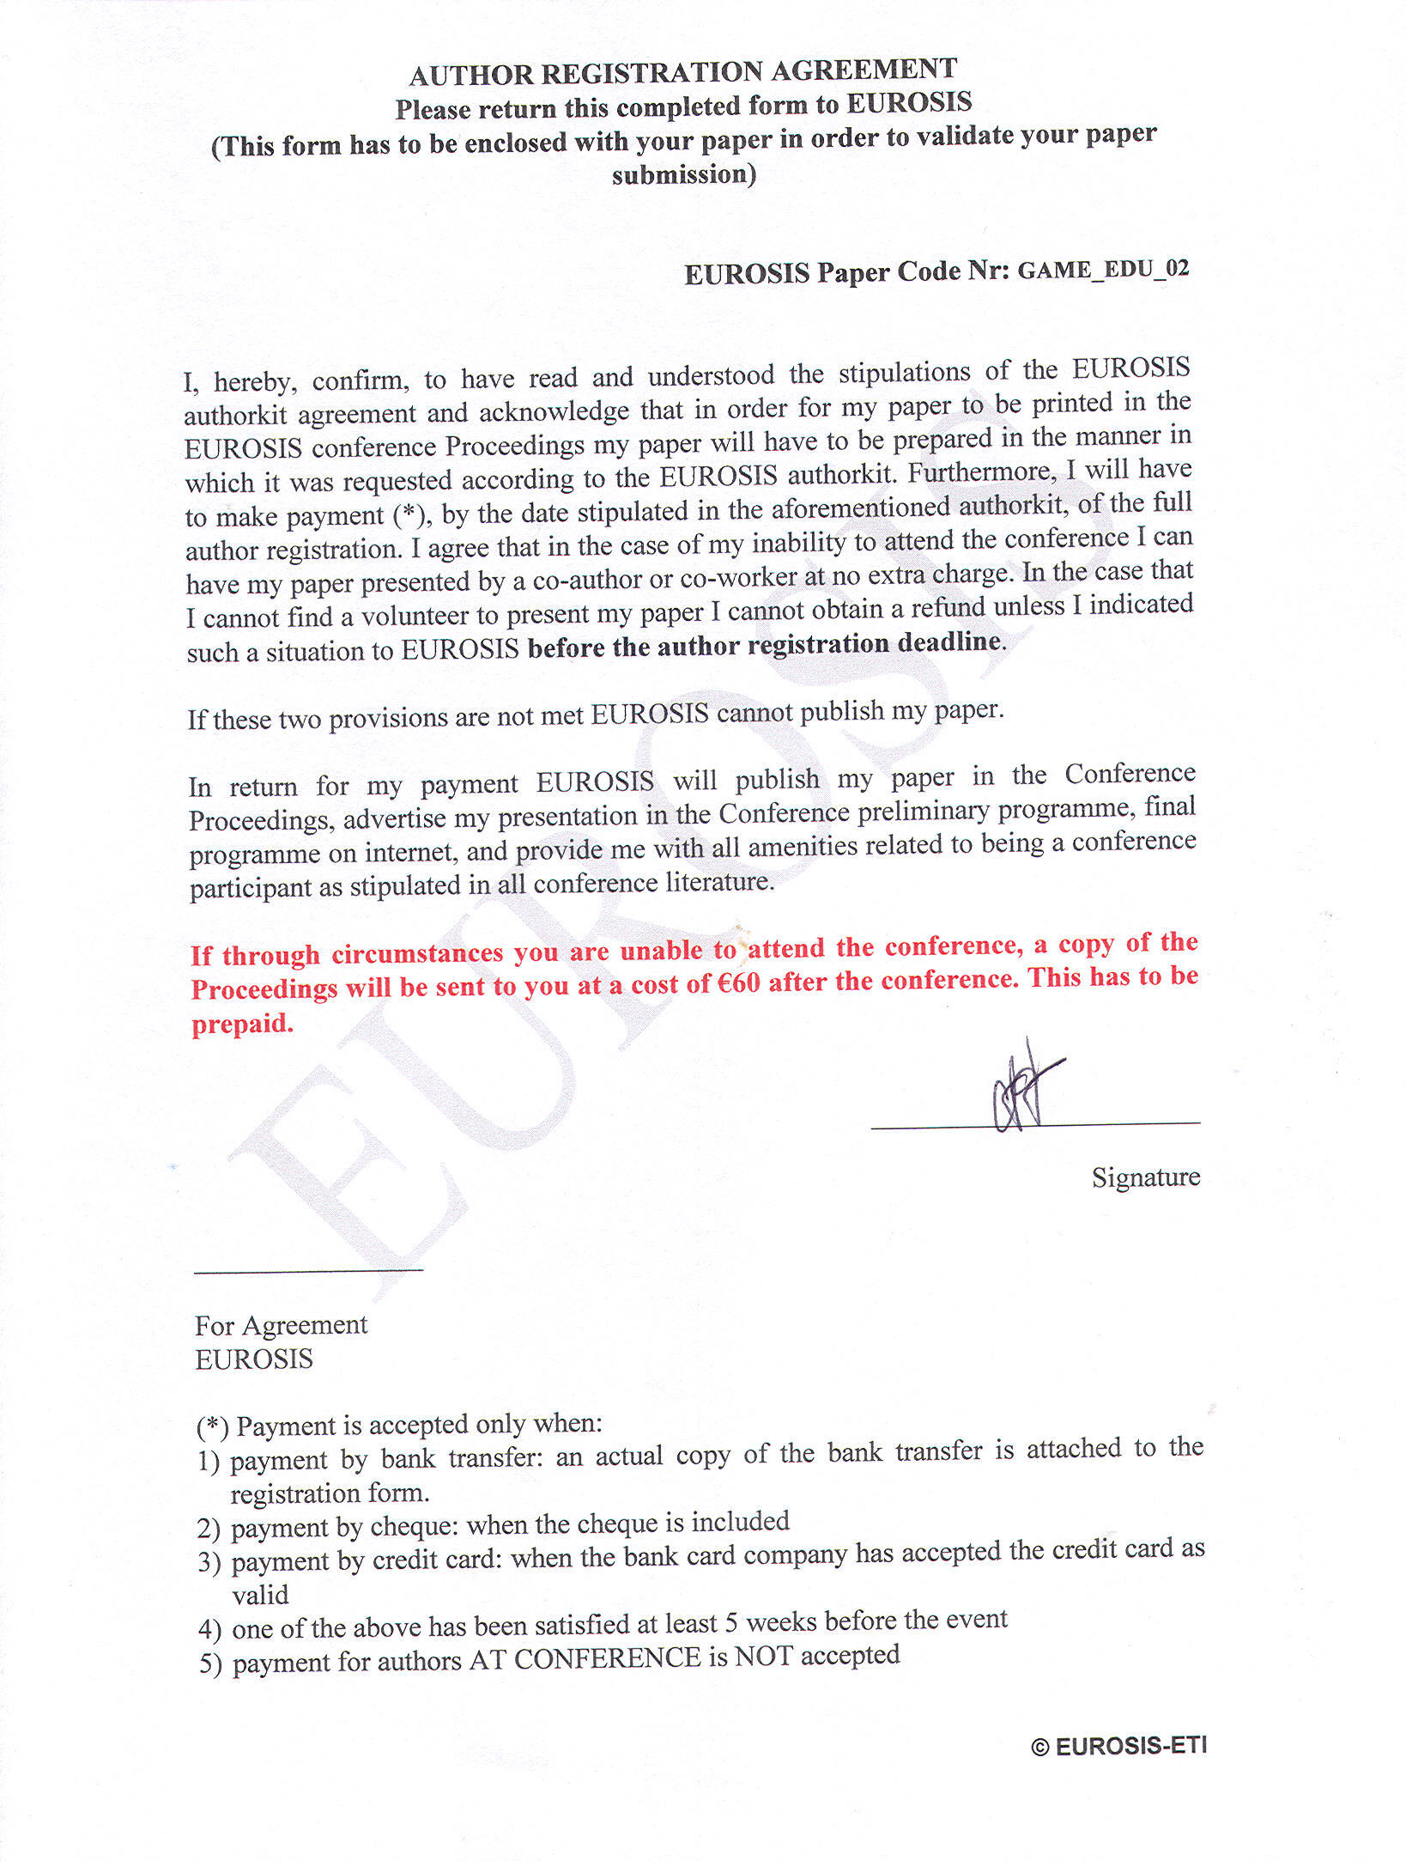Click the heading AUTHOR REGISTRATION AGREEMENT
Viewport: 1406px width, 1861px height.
click(x=683, y=72)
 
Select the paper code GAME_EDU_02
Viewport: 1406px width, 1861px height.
click(x=1103, y=270)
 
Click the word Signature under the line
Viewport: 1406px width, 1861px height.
click(x=1145, y=1177)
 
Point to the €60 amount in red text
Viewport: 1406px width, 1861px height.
click(x=736, y=982)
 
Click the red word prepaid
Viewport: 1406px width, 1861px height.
click(x=242, y=1024)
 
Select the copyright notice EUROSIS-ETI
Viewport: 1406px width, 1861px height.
click(x=1119, y=1746)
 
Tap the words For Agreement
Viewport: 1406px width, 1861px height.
click(x=281, y=1325)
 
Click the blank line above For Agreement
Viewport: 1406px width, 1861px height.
click(x=308, y=1270)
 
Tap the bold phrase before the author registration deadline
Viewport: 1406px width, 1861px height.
click(x=764, y=644)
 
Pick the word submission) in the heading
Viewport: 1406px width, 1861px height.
click(x=684, y=174)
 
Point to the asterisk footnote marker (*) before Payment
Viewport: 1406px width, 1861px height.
click(x=213, y=1426)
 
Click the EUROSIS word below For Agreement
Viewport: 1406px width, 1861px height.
click(x=254, y=1359)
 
